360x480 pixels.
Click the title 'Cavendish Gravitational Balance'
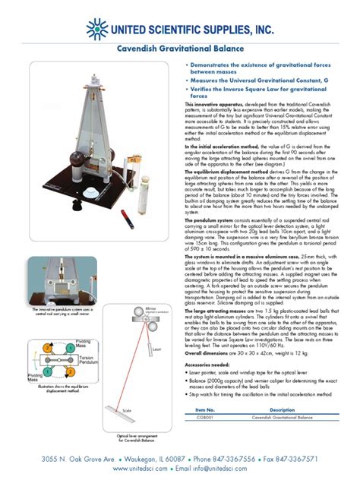179,48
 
